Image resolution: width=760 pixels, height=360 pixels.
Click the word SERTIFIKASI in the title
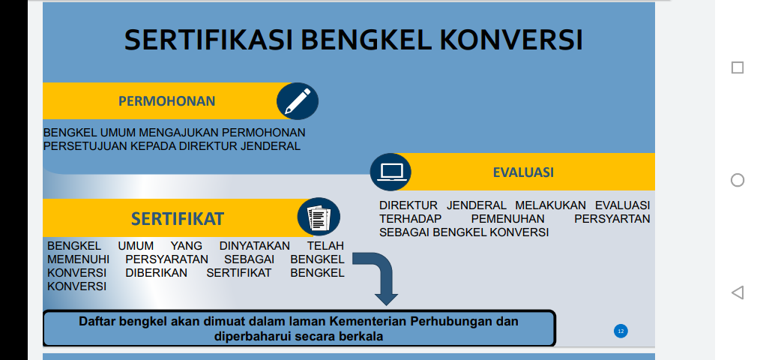[209, 40]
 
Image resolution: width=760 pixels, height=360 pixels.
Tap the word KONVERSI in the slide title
[511, 40]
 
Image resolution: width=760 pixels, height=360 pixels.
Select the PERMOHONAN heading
[166, 101]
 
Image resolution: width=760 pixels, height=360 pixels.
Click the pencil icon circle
[298, 101]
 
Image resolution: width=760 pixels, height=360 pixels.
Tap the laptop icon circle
[390, 172]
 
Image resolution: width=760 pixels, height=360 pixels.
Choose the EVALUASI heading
[523, 172]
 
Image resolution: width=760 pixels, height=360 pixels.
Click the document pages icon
[319, 217]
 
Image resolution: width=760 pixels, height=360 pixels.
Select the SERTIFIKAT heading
[178, 219]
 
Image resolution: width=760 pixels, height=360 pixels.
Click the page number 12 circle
[621, 331]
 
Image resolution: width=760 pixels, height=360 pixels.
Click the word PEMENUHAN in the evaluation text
[507, 219]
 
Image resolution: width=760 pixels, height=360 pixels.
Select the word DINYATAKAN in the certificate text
[255, 246]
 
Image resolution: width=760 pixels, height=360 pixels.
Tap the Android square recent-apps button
[738, 67]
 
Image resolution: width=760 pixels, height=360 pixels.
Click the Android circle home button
[738, 180]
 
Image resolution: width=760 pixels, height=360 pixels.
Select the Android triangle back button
[738, 292]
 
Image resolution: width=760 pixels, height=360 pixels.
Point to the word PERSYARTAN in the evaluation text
[612, 219]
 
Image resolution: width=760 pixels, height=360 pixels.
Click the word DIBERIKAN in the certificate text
[156, 273]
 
